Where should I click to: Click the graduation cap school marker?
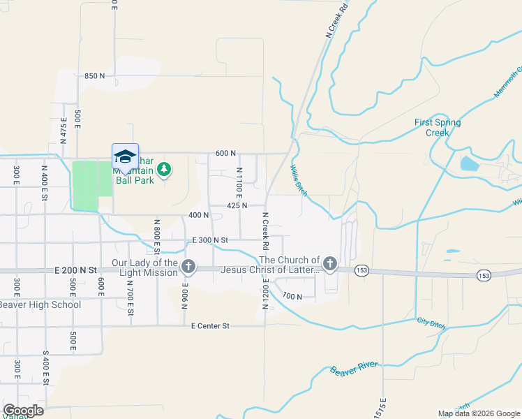tap(125, 156)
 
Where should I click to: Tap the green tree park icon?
tap(164, 169)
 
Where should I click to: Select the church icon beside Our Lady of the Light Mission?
tap(188, 266)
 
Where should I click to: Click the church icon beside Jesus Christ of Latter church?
tap(329, 264)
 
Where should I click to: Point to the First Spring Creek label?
tap(438, 127)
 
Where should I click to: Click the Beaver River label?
tap(354, 369)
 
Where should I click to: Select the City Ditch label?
tap(431, 322)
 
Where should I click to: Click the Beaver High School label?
tap(40, 304)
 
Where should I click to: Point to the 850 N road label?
tap(94, 75)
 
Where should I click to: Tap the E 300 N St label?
tap(211, 240)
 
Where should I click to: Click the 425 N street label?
tap(237, 206)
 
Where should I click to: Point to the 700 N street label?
tap(292, 297)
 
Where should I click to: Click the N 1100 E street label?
tap(239, 185)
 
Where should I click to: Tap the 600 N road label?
tap(225, 153)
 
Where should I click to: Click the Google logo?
tap(22, 410)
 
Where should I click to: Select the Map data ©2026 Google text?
tap(479, 413)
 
